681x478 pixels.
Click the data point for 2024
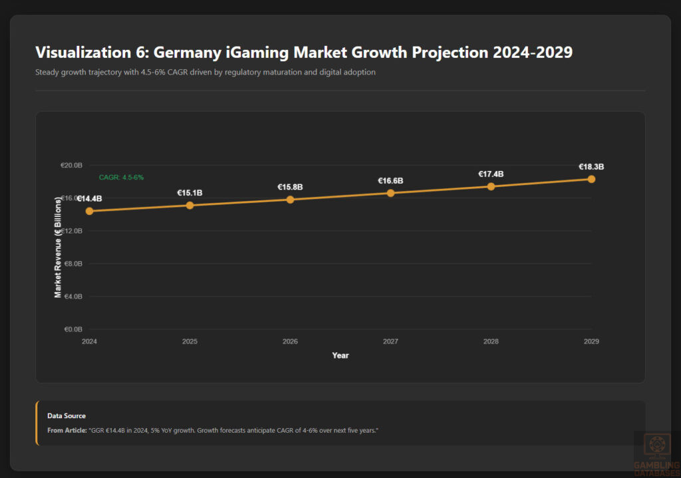click(89, 211)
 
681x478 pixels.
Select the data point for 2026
click(290, 199)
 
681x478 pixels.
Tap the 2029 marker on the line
click(591, 179)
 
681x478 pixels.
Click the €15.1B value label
click(190, 193)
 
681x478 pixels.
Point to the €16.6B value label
click(390, 181)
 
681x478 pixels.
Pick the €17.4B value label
click(491, 174)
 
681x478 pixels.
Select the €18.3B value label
click(591, 167)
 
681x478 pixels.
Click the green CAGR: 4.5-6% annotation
click(121, 178)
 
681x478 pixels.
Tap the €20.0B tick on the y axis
click(71, 165)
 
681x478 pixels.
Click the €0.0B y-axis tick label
click(72, 329)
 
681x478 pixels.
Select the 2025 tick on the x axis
click(190, 342)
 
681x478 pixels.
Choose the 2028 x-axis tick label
click(491, 342)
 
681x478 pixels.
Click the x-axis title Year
click(340, 356)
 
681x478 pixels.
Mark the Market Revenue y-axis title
click(59, 247)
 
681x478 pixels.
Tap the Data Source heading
click(67, 416)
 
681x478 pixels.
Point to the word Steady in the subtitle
click(47, 72)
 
